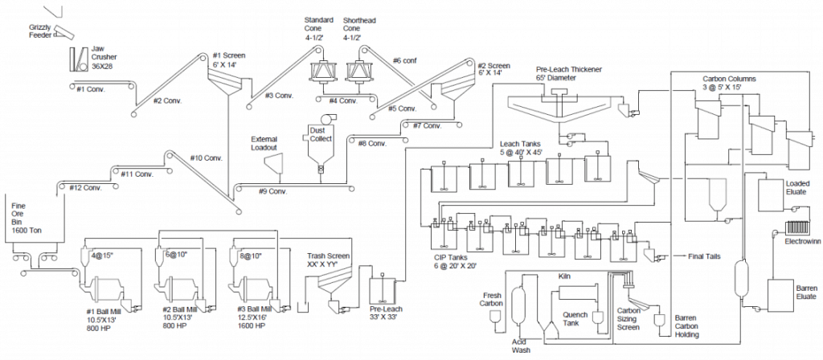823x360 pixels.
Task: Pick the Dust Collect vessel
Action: pyautogui.click(x=321, y=149)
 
